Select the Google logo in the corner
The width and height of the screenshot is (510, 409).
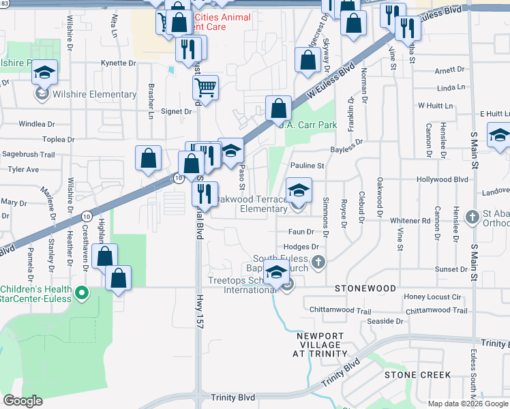coord(22,401)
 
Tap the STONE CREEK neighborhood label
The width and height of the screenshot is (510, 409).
coord(417,375)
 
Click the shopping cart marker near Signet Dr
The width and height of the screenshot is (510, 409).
coord(205,87)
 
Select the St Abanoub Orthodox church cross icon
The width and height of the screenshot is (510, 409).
coord(472,217)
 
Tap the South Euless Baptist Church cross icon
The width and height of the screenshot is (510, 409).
coord(318,262)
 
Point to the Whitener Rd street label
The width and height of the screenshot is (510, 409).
coord(410,220)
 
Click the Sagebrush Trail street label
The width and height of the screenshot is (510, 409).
coord(29,155)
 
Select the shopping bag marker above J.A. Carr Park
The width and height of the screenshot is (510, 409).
coord(278,108)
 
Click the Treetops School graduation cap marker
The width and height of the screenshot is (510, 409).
coord(276,273)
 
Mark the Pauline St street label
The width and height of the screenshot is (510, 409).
coord(307,165)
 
